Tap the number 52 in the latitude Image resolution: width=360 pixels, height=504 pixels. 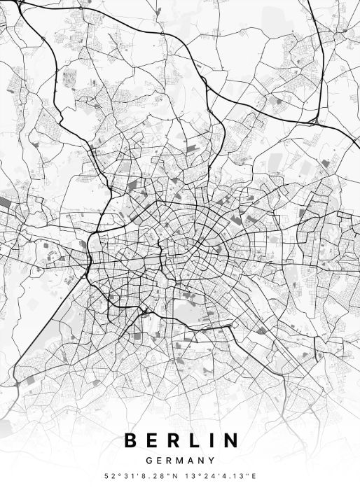pyautogui.click(x=109, y=477)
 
